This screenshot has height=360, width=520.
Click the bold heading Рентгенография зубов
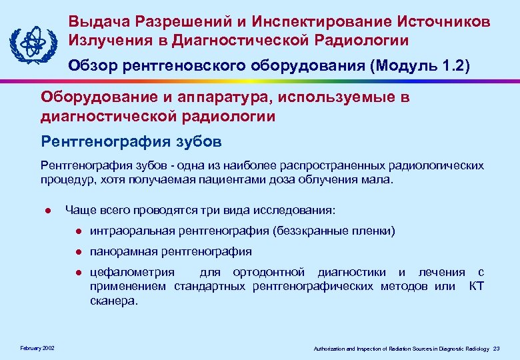(x=131, y=141)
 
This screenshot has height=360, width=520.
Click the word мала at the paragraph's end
(x=377, y=179)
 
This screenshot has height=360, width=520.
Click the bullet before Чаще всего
(x=48, y=211)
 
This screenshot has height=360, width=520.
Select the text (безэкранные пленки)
(x=333, y=231)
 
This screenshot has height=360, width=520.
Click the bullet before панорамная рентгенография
(x=78, y=252)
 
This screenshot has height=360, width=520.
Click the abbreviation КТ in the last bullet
(x=476, y=286)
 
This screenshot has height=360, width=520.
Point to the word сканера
(x=112, y=300)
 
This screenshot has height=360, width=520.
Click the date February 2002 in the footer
(x=37, y=349)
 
